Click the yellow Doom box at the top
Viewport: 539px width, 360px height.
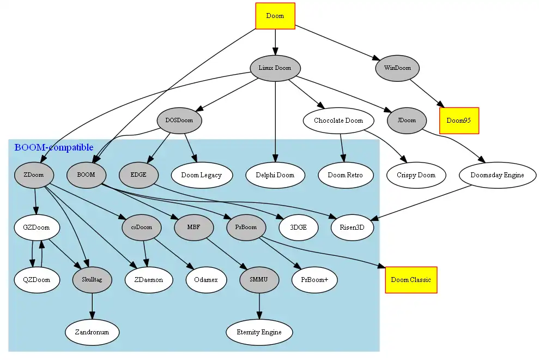coord(275,16)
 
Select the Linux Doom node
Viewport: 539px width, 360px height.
coord(275,68)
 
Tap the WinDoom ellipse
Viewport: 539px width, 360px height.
coord(397,68)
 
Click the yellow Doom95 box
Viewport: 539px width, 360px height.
coord(459,121)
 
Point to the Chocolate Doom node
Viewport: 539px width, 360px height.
coord(338,121)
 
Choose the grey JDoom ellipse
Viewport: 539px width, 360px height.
coord(407,121)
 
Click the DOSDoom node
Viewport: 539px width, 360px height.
coord(179,121)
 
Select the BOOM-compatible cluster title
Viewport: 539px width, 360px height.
coord(53,148)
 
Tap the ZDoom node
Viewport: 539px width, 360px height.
coord(34,175)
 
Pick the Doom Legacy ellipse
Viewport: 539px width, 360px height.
coord(202,175)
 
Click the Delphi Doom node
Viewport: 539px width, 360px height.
coord(275,175)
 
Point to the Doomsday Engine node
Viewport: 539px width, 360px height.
coord(492,175)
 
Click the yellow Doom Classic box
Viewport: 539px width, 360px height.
coord(411,280)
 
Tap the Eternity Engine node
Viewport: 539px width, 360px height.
coord(259,332)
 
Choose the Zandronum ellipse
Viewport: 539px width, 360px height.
coord(92,332)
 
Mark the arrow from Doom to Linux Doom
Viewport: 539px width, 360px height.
coord(275,41)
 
